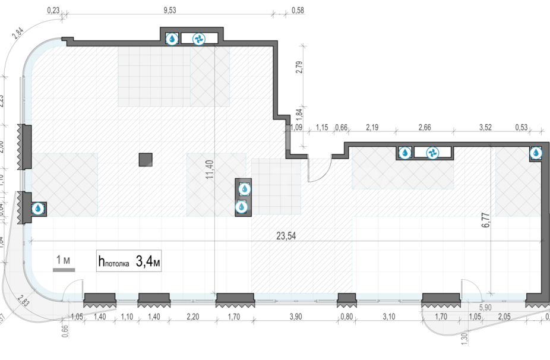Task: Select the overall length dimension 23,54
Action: [x=286, y=235]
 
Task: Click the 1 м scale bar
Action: [x=64, y=264]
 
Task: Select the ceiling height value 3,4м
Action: [x=148, y=261]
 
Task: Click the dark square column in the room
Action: [x=146, y=159]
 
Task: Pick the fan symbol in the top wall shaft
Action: [x=198, y=39]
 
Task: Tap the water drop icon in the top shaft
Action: [x=172, y=39]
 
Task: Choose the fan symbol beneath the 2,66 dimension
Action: [x=433, y=153]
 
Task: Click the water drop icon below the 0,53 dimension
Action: [x=536, y=153]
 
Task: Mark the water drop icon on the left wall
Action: [x=38, y=209]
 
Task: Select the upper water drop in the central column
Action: [x=244, y=189]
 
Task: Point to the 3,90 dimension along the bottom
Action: [x=295, y=316]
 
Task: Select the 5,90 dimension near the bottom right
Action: [x=486, y=307]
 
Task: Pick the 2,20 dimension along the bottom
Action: [x=192, y=316]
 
